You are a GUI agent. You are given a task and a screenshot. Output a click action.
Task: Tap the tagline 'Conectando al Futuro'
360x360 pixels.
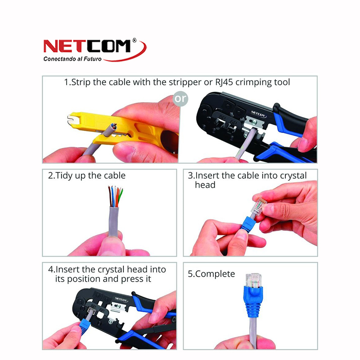tap(72, 59)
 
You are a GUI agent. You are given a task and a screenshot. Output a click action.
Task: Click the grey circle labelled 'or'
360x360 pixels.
tap(180, 99)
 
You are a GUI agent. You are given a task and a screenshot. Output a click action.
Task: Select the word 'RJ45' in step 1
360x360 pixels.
tap(224, 82)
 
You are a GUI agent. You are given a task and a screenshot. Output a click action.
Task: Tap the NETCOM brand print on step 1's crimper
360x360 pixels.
tap(259, 114)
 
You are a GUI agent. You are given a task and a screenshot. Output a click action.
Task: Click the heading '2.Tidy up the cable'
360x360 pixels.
tap(87, 175)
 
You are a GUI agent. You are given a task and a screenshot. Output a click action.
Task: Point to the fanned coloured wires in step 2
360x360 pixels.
tap(116, 196)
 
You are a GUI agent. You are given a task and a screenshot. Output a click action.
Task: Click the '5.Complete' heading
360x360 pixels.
tap(211, 274)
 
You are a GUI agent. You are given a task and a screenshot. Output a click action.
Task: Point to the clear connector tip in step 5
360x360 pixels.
tap(253, 280)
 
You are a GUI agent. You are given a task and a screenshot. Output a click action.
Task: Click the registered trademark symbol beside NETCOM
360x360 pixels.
tap(135, 40)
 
